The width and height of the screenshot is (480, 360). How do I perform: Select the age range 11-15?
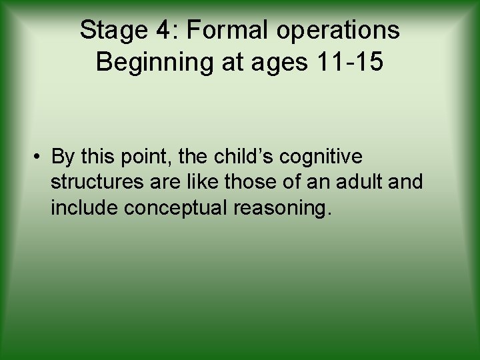click(x=350, y=62)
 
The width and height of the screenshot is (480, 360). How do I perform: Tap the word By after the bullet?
click(x=63, y=157)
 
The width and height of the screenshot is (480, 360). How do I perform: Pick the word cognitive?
click(x=321, y=157)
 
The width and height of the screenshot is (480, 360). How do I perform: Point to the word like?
click(x=204, y=182)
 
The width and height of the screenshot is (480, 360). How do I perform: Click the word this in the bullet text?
click(x=99, y=157)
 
